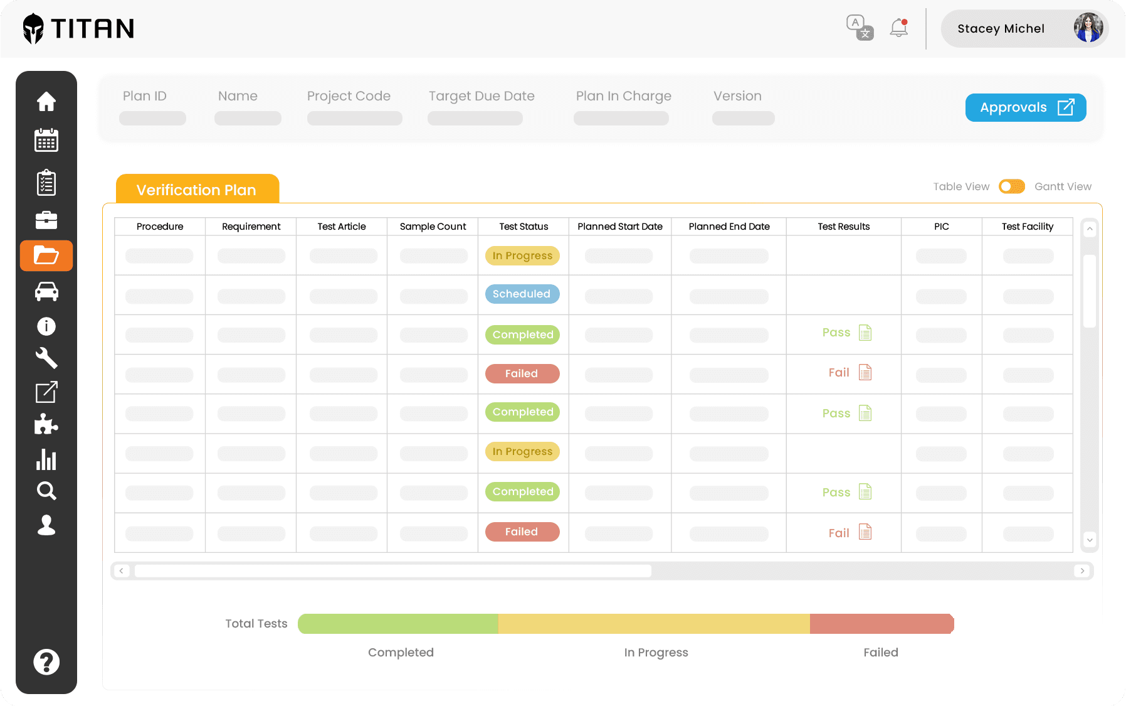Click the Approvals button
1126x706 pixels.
coord(1025,107)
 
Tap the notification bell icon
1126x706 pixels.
coord(899,28)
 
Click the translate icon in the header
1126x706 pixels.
coord(859,28)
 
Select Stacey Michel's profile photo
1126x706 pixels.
coord(1088,28)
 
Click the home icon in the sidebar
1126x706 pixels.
coord(46,101)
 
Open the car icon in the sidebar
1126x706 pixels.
coord(46,291)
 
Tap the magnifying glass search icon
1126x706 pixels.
coord(46,491)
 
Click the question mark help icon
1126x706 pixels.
coord(46,661)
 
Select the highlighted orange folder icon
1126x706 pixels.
coord(46,256)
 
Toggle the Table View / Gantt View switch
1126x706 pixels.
coord(1011,186)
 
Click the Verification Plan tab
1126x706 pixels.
coord(197,190)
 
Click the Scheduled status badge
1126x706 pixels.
coord(522,294)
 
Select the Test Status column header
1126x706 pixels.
coord(524,227)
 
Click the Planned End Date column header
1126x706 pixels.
coord(729,227)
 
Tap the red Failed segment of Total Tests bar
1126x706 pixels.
coord(881,624)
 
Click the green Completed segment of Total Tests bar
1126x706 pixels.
coord(398,624)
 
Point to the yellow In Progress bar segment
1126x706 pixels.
coord(654,624)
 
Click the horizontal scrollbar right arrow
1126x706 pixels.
coord(1082,571)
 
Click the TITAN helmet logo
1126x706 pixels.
coord(33,28)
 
